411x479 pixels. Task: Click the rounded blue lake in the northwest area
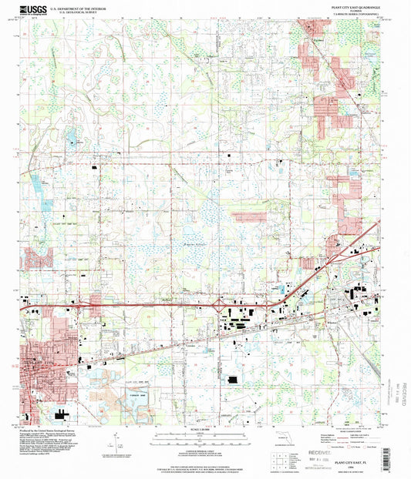[71, 140]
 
